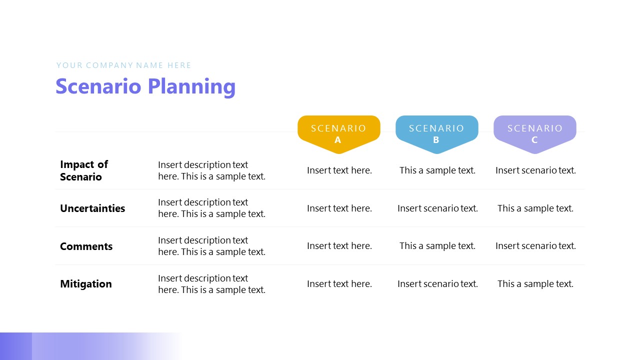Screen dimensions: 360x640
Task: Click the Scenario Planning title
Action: (x=145, y=86)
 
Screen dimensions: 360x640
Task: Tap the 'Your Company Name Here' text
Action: (x=123, y=65)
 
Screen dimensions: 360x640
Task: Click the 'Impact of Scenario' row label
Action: (x=84, y=170)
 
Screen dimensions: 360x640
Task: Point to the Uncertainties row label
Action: (x=92, y=208)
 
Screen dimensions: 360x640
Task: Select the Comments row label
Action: (x=86, y=246)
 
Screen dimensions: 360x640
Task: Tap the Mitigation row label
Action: (x=86, y=284)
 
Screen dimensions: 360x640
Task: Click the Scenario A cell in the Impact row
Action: (x=339, y=170)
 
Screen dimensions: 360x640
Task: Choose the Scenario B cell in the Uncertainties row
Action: (x=437, y=208)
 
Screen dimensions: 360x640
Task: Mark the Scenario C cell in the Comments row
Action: (x=535, y=246)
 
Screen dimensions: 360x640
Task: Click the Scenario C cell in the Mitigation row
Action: (x=535, y=284)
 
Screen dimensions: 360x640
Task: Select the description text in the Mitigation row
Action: (x=211, y=284)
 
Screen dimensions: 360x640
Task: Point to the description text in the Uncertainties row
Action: (x=211, y=208)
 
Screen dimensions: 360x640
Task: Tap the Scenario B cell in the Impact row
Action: (x=437, y=170)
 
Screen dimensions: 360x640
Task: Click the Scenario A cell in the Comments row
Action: (x=339, y=246)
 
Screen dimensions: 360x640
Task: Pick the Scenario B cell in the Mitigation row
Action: (x=437, y=284)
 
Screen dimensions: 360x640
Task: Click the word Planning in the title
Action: (x=191, y=86)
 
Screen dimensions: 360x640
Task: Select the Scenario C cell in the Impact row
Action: (x=535, y=170)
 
